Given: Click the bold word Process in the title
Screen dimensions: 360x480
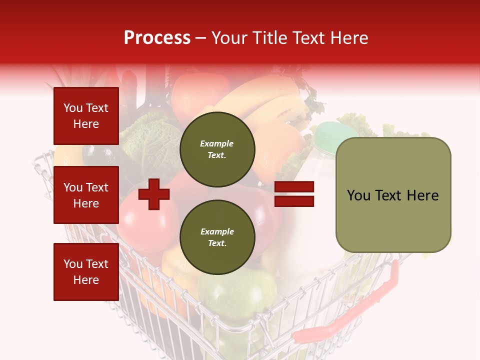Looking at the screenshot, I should pyautogui.click(x=157, y=38).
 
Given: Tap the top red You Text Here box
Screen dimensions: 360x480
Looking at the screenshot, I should pyautogui.click(x=86, y=116).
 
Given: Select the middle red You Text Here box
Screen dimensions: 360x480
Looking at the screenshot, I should pyautogui.click(x=86, y=195).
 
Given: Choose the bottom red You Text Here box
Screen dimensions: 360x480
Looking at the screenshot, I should pyautogui.click(x=86, y=271).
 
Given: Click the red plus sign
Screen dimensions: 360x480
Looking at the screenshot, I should pyautogui.click(x=154, y=194).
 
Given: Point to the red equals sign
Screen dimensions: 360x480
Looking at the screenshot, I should pyautogui.click(x=294, y=194).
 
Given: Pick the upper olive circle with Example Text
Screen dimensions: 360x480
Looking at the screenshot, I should pyautogui.click(x=217, y=149).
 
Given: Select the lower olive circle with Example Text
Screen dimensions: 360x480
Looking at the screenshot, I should pyautogui.click(x=217, y=237).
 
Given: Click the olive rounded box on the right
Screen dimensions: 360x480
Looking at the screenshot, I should pyautogui.click(x=393, y=194).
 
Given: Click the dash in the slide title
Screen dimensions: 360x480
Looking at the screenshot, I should pyautogui.click(x=200, y=38).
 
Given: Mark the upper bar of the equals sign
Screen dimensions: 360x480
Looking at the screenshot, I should pyautogui.click(x=294, y=187).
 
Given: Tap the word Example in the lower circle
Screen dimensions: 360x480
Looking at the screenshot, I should pyautogui.click(x=217, y=232).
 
